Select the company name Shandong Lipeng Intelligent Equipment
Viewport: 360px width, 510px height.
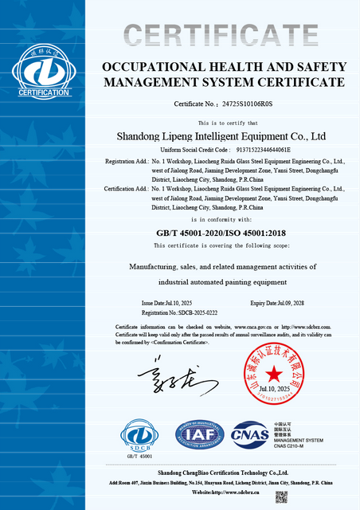[221, 136]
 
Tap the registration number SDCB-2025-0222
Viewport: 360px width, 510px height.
[194, 313]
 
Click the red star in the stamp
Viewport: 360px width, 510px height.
[275, 373]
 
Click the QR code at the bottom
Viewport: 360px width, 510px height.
[281, 496]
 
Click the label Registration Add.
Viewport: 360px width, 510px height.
[126, 161]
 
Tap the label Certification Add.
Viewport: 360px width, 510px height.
[126, 189]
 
